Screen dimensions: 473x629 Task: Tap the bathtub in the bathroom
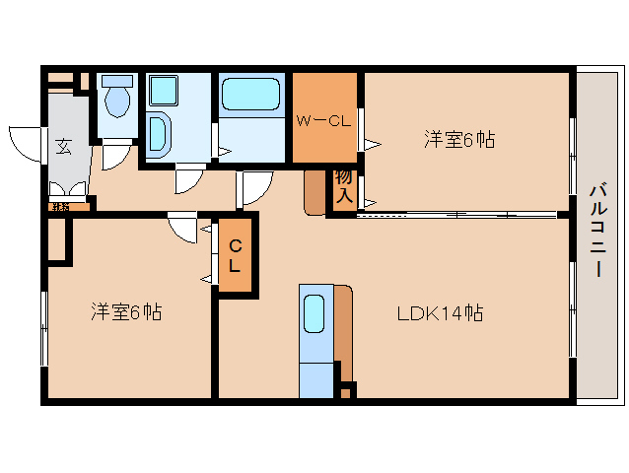(x=250, y=97)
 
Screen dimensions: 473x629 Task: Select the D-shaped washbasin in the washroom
(x=160, y=133)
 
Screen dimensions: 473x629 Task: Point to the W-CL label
(x=323, y=121)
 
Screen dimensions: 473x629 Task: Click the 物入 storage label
(x=343, y=186)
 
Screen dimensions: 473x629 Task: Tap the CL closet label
(x=235, y=255)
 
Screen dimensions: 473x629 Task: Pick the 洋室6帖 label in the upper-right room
(x=458, y=140)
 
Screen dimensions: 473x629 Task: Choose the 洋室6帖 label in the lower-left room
(x=126, y=312)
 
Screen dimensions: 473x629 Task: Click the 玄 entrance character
(x=63, y=147)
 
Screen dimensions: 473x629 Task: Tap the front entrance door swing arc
(x=25, y=142)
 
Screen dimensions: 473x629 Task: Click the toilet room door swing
(x=116, y=154)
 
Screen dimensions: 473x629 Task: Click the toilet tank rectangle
(x=117, y=80)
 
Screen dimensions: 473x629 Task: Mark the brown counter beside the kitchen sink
(x=343, y=325)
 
